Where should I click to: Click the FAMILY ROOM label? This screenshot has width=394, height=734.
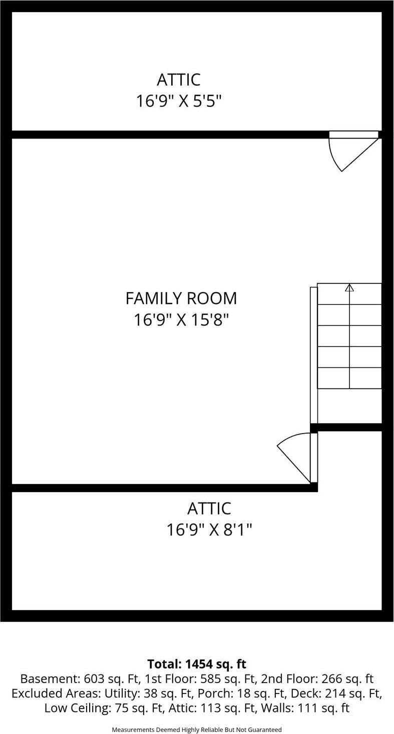pyautogui.click(x=181, y=298)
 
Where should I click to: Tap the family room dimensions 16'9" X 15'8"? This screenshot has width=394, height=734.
pyautogui.click(x=181, y=319)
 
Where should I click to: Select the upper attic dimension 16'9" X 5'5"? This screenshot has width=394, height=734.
pyautogui.click(x=178, y=101)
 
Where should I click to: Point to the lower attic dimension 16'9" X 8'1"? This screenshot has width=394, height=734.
pyautogui.click(x=209, y=529)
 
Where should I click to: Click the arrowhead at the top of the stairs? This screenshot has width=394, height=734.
pyautogui.click(x=349, y=287)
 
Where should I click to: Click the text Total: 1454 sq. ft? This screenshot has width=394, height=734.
pyautogui.click(x=197, y=664)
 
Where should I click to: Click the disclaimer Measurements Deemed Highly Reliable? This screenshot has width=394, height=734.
pyautogui.click(x=197, y=729)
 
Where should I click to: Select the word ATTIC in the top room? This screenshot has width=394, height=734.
pyautogui.click(x=178, y=80)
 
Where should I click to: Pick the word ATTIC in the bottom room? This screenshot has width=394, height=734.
pyautogui.click(x=209, y=508)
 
